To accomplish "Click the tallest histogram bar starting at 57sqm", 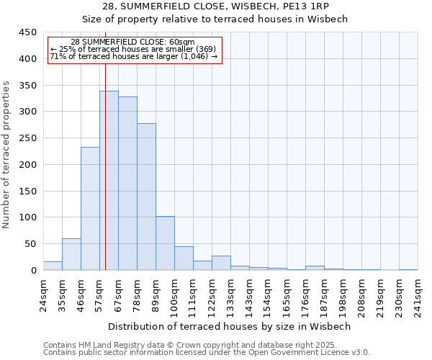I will (x=109, y=180).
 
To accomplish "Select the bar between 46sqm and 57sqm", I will (x=90, y=209).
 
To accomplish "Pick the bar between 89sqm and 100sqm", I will (x=165, y=243).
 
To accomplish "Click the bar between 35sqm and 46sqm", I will (x=71, y=254).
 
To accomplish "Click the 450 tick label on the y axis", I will (x=27, y=32).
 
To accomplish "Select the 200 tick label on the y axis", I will (x=27, y=164).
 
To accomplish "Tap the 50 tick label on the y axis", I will (x=30, y=243).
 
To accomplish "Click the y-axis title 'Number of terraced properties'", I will (x=7, y=154).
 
